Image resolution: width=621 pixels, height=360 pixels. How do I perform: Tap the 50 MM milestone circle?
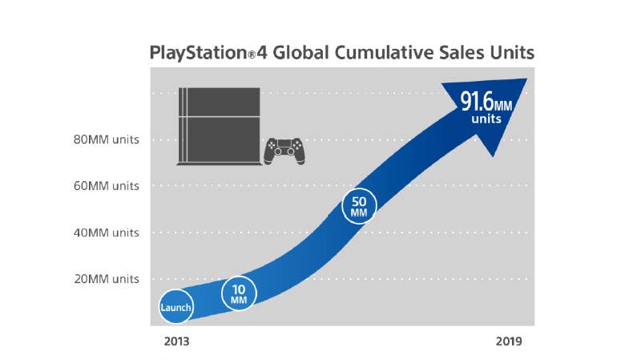358,206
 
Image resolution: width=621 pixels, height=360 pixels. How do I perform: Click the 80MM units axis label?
107,139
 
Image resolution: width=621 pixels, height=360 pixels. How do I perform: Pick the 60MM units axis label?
107,186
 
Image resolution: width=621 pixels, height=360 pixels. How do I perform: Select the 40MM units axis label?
107,233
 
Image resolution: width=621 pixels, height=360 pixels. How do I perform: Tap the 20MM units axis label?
107,279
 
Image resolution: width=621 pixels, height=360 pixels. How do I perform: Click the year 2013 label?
177,341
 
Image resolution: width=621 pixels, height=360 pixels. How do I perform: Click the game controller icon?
285,149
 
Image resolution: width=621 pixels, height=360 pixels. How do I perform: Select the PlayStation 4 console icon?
218,126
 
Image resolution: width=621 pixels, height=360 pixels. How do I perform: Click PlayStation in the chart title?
195,54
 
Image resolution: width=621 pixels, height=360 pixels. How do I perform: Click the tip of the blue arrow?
526,81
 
